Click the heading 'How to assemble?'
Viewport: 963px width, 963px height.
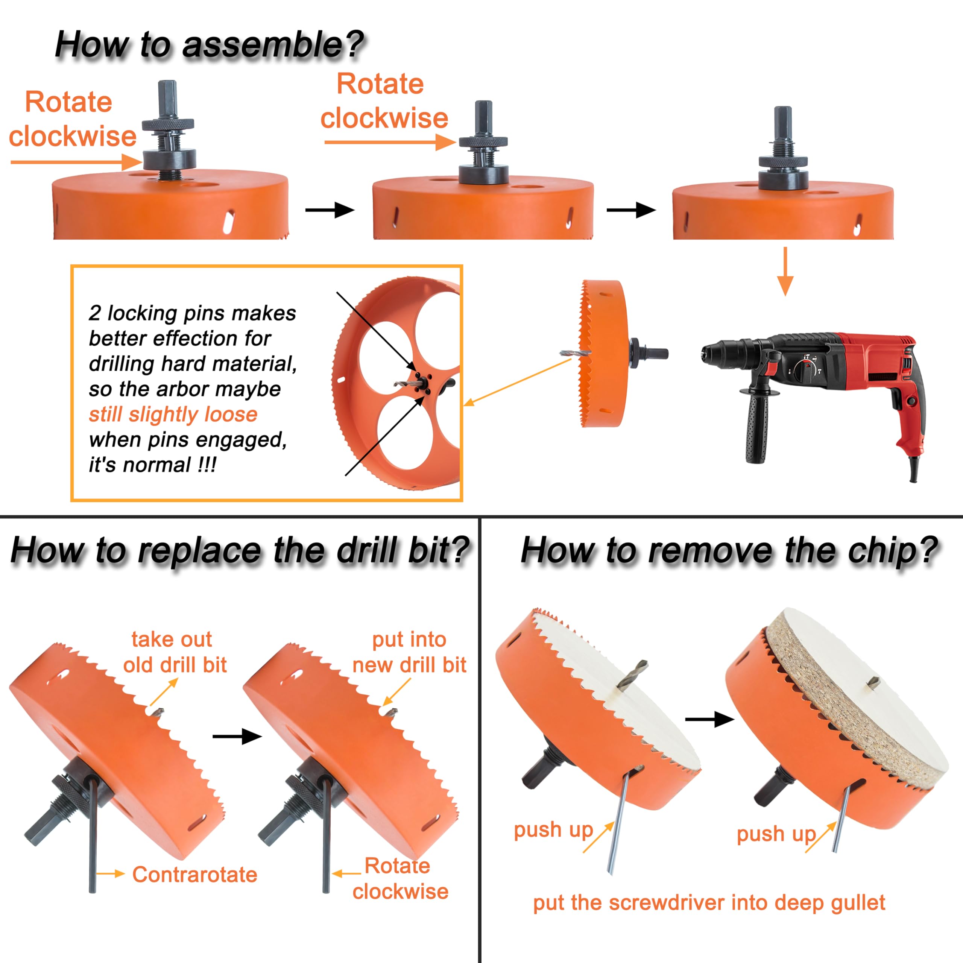(210, 45)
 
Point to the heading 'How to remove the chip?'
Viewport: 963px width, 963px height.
(730, 551)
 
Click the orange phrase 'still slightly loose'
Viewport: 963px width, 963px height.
(173, 415)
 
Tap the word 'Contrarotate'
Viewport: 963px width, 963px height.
(194, 875)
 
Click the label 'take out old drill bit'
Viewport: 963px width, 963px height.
(175, 652)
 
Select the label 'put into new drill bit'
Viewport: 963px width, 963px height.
(409, 652)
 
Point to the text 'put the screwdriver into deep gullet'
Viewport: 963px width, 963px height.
(709, 903)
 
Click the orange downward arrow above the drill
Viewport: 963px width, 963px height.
(785, 271)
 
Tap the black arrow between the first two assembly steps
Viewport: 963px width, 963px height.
(330, 210)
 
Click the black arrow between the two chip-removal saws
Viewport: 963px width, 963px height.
(710, 719)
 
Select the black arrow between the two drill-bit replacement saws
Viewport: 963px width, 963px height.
(237, 736)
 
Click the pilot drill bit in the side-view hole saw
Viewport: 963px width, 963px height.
(575, 353)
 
